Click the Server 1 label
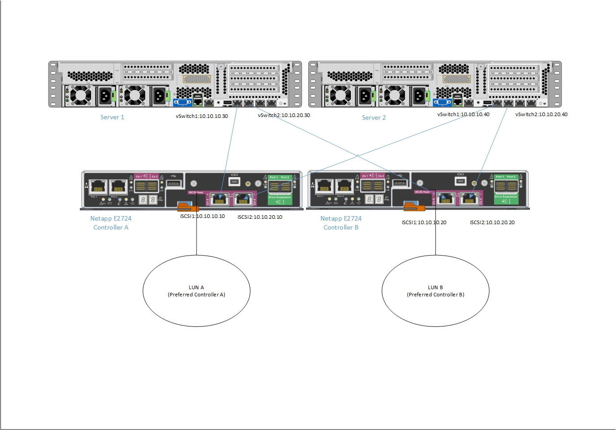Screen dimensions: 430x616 click(112, 117)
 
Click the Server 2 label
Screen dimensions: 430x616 click(374, 117)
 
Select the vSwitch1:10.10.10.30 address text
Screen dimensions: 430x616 click(202, 116)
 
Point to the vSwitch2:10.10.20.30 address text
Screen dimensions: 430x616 click(284, 115)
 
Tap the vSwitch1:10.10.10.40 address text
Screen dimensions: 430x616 click(463, 114)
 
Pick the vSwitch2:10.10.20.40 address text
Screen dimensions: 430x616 click(542, 114)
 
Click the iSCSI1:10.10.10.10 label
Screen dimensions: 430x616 click(202, 216)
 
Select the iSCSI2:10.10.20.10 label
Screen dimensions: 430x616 click(260, 217)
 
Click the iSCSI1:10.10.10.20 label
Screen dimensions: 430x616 click(424, 222)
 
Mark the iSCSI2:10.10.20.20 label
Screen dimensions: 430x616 click(492, 222)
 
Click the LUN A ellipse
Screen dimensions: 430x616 click(197, 291)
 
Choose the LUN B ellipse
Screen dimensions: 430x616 click(435, 291)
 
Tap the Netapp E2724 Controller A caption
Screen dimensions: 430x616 click(111, 223)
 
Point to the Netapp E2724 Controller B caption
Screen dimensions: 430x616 click(341, 223)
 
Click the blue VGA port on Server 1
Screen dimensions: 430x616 click(183, 102)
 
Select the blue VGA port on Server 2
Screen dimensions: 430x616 click(443, 102)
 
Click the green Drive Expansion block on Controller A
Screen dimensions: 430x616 click(280, 190)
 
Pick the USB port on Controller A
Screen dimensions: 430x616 click(174, 183)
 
